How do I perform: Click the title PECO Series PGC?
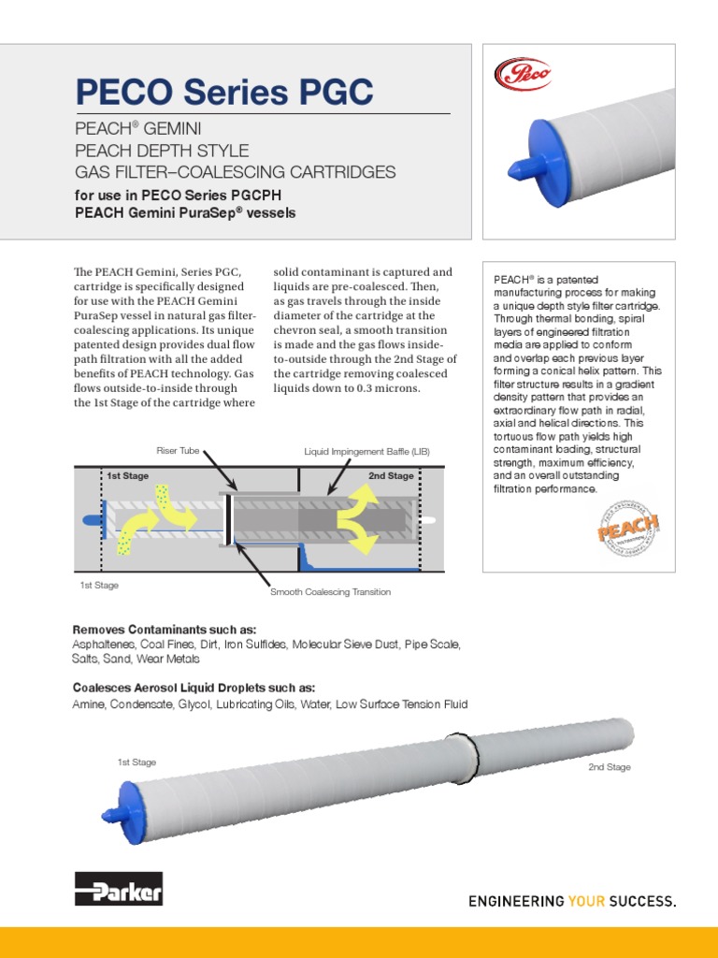(x=223, y=92)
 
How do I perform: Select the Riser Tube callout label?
(x=178, y=451)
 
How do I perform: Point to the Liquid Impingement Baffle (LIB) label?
(x=366, y=452)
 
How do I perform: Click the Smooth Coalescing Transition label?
(x=330, y=592)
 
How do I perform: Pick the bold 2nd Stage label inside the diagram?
(x=390, y=476)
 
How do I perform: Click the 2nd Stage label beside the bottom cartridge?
(x=609, y=767)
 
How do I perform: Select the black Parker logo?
(x=119, y=890)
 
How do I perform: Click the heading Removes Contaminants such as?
(x=164, y=630)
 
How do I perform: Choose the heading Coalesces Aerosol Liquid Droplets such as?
(x=194, y=688)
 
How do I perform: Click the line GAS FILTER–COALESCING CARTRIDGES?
(x=235, y=172)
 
